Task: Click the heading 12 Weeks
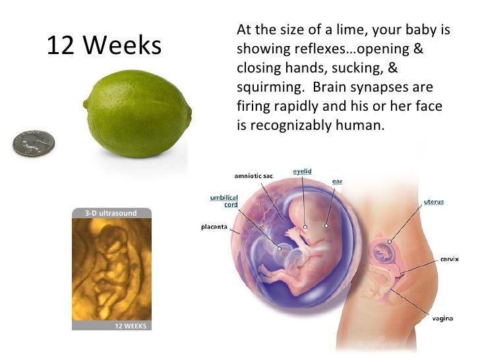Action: [104, 45]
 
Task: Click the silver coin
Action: [34, 142]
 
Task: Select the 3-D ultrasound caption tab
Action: [111, 213]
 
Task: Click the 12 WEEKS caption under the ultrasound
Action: [130, 326]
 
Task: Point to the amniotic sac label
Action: [254, 175]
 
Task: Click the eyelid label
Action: [302, 171]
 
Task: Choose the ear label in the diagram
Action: [337, 180]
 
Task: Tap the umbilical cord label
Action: [224, 200]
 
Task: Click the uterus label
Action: [433, 202]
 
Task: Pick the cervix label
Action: [451, 259]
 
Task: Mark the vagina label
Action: [442, 319]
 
